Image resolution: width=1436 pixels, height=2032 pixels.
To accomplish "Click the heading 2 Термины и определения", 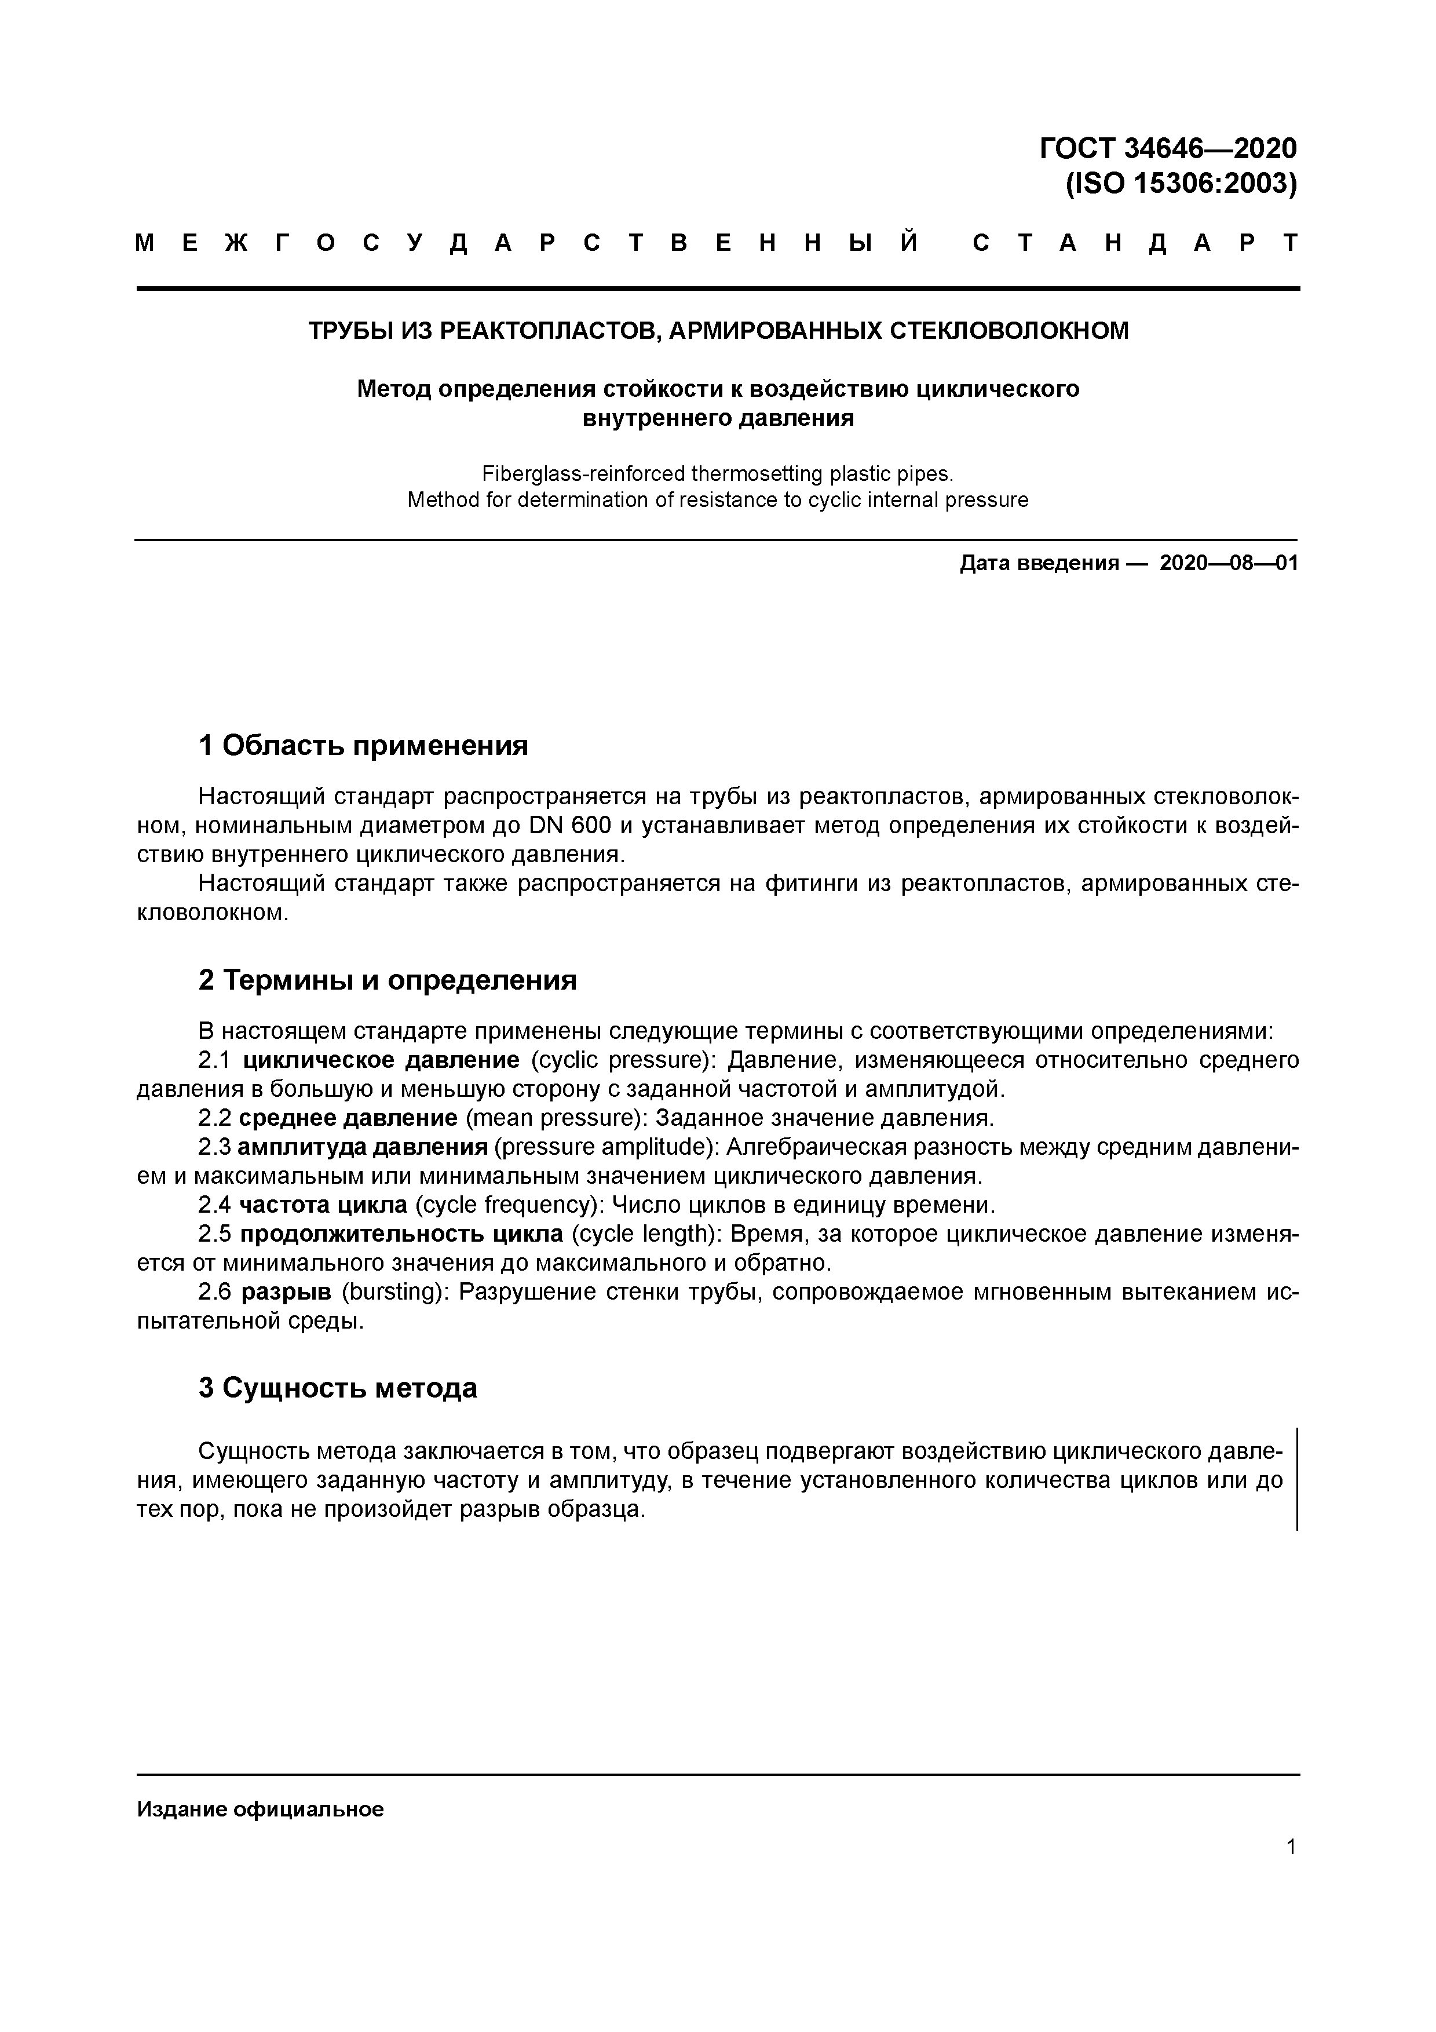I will click(386, 980).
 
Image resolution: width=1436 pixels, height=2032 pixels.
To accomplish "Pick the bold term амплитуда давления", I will click(363, 1147).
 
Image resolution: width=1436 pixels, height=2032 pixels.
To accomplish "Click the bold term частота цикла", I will click(324, 1205).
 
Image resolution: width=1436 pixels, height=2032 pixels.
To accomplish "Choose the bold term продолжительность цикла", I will click(401, 1234).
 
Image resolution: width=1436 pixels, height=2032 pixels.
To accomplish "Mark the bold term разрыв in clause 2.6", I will click(286, 1292).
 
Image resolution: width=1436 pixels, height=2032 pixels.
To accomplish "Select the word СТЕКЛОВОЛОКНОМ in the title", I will click(1008, 331).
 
